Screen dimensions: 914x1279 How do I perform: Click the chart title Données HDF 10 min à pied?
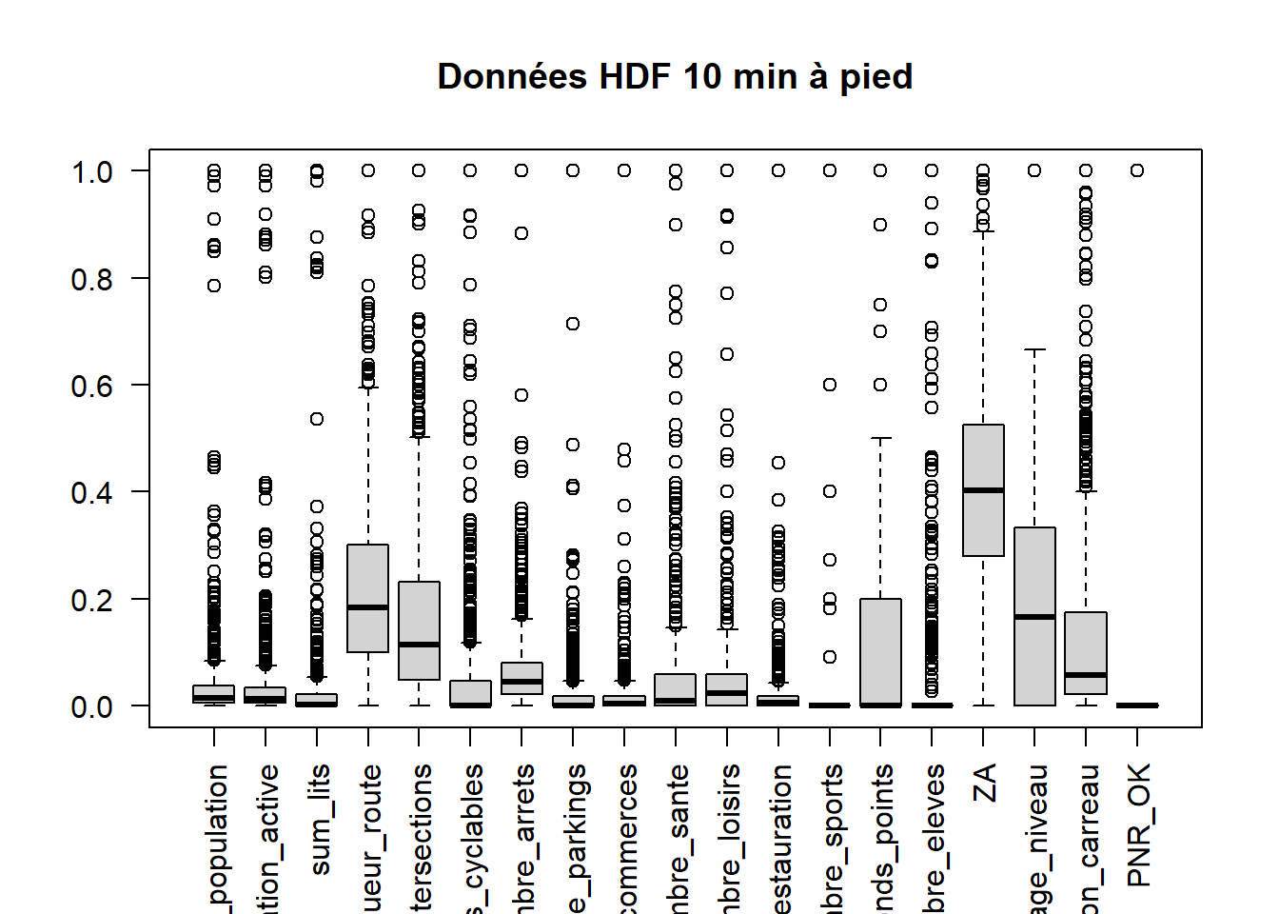(x=675, y=77)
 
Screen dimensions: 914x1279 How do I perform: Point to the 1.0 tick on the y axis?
(x=91, y=172)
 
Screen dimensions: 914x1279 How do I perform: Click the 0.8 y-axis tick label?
(x=91, y=279)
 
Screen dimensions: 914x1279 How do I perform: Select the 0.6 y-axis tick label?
(x=91, y=387)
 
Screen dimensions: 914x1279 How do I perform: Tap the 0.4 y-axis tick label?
(x=91, y=493)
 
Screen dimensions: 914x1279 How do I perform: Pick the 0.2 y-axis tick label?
(x=91, y=601)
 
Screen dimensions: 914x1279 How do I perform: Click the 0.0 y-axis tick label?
(x=91, y=707)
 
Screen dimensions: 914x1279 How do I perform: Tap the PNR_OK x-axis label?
(x=1138, y=825)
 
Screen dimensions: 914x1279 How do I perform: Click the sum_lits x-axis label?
(x=319, y=819)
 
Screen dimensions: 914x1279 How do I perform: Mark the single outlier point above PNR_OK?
(x=1137, y=170)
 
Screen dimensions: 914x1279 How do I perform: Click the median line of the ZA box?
(x=983, y=490)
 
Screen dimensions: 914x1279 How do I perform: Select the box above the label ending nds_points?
(x=880, y=652)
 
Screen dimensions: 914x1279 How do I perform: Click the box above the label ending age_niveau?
(x=1034, y=571)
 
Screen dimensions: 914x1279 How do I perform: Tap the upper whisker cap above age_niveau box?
(x=1034, y=349)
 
